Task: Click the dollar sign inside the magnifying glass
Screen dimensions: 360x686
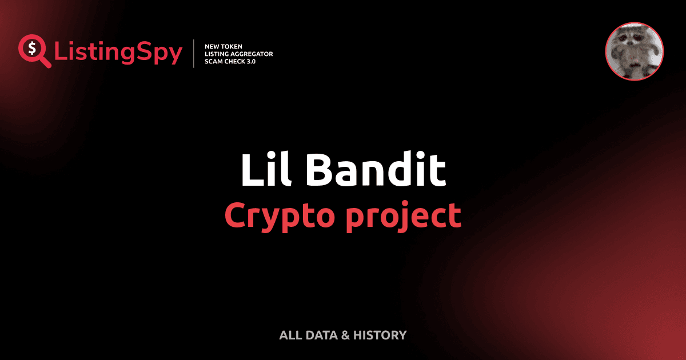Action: point(31,47)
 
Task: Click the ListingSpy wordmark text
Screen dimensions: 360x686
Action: point(118,53)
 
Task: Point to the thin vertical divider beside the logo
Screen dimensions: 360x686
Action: point(195,53)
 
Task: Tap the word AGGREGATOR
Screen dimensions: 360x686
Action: point(252,54)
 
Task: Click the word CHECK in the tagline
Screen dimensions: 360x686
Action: point(236,61)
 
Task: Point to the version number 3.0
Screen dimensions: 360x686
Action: point(251,61)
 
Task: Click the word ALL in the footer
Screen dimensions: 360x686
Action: point(290,335)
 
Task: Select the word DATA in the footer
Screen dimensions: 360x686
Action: point(321,335)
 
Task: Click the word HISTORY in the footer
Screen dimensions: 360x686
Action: point(380,335)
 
